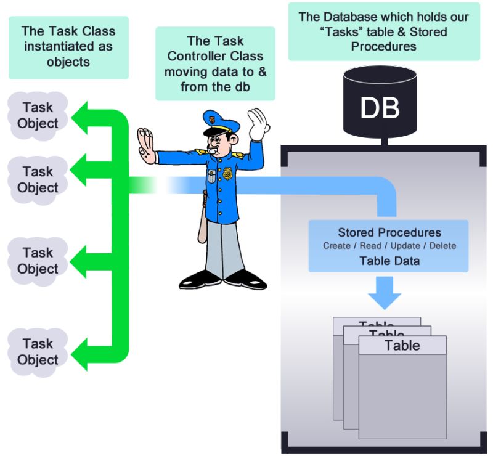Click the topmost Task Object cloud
click(38, 115)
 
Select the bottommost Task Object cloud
click(38, 352)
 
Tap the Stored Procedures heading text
click(389, 232)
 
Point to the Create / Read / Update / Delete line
click(389, 246)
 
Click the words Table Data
click(389, 261)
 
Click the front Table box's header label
click(402, 345)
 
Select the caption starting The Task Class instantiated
click(68, 46)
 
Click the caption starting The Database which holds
click(383, 31)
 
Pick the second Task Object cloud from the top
click(38, 179)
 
